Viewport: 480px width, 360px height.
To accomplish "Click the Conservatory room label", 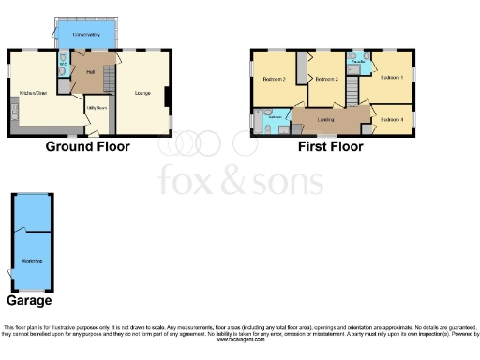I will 86,35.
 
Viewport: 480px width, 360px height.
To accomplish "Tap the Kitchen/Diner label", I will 32,92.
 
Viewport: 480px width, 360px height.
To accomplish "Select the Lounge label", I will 142,92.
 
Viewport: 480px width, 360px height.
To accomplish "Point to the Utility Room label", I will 97,109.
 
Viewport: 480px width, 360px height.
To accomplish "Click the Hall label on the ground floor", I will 90,72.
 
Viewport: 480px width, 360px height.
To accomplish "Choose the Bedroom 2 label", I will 274,80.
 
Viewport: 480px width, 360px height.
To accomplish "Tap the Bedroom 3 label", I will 326,80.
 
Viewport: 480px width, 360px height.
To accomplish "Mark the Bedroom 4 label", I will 391,119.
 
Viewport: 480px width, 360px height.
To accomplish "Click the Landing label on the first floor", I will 326,119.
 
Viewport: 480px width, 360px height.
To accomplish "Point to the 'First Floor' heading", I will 330,146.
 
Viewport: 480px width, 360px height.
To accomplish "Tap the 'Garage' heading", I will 29,300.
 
